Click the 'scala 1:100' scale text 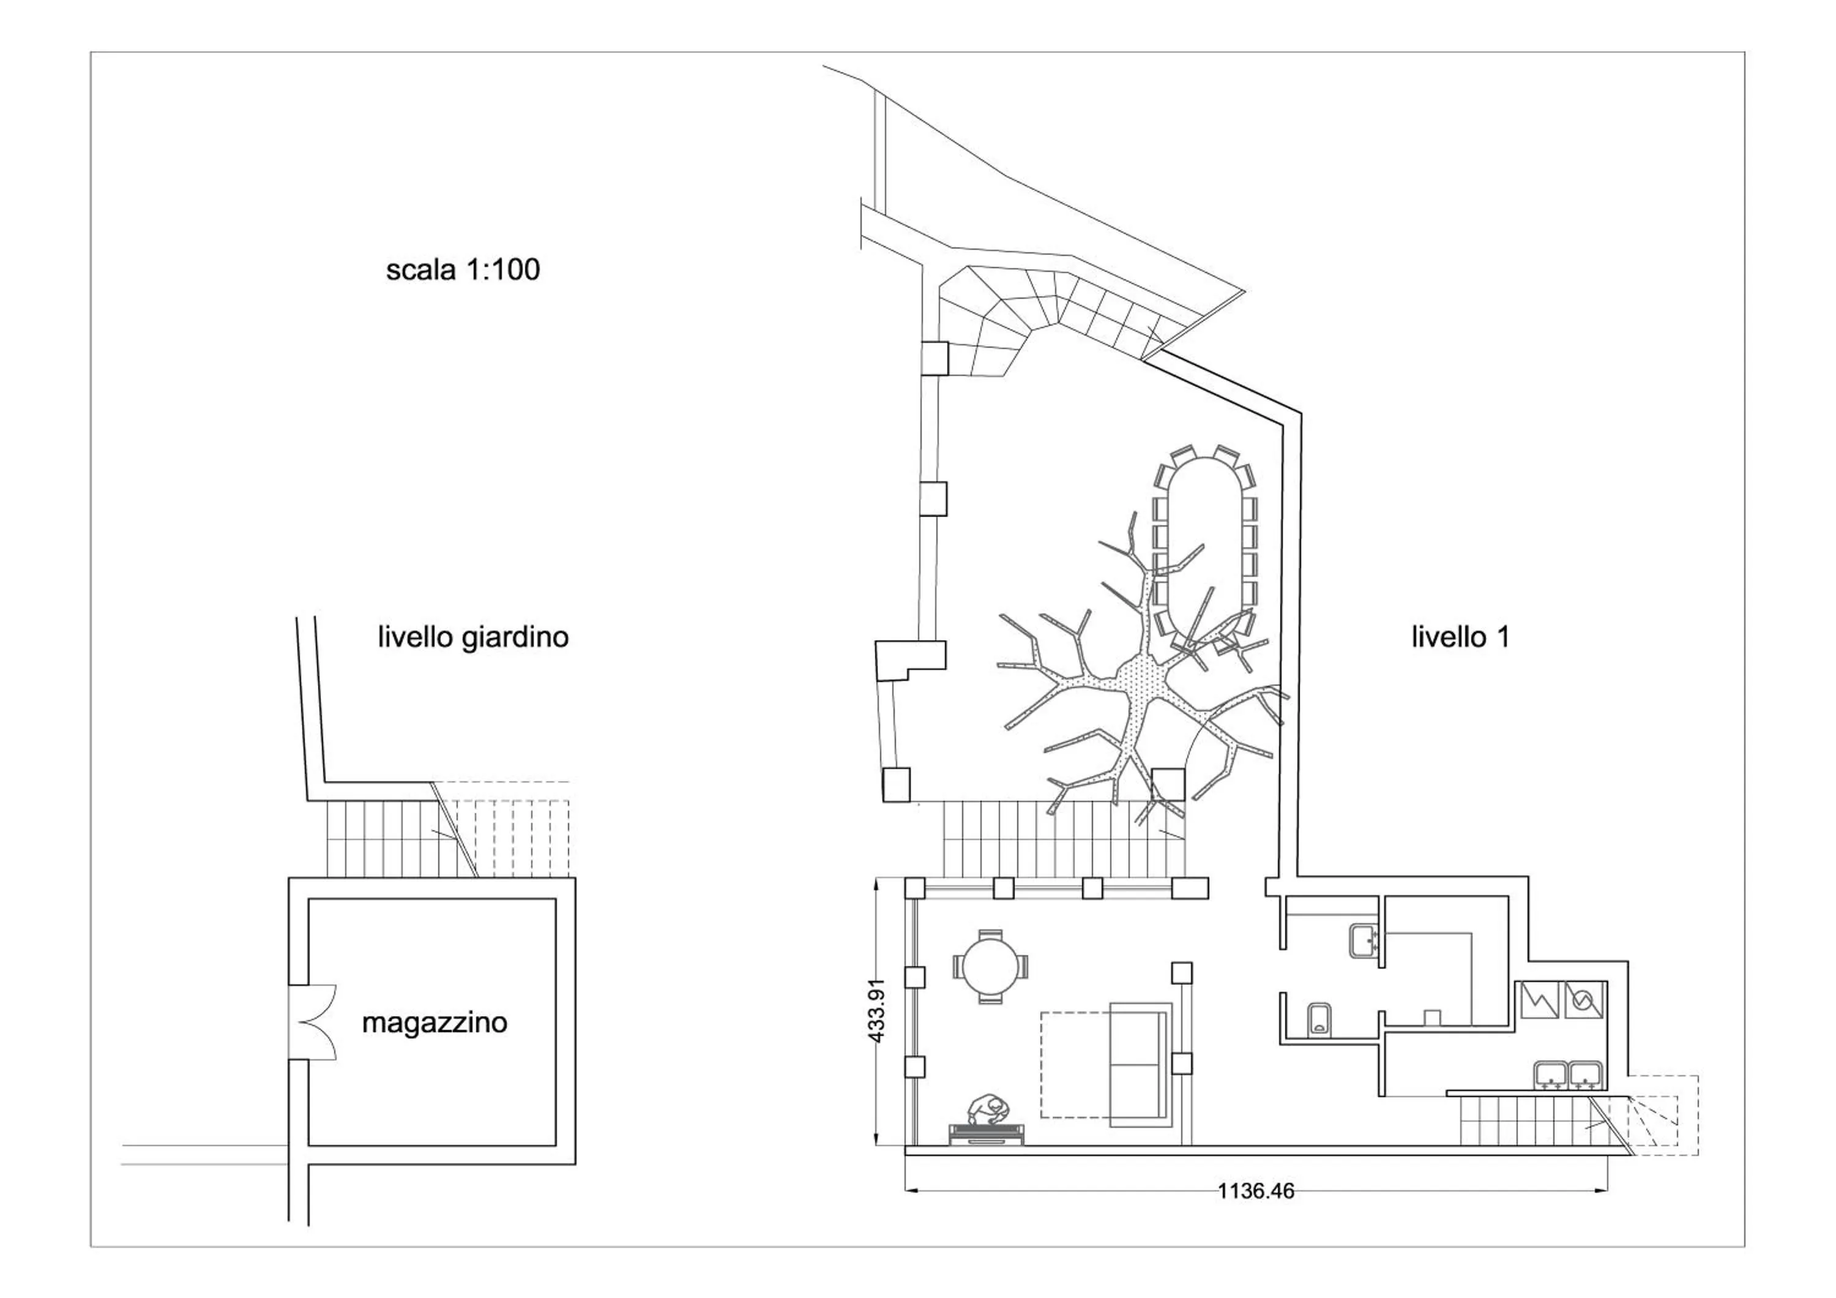[x=463, y=269]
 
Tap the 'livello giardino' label [x=472, y=637]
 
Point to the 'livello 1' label [x=1460, y=637]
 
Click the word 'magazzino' [x=434, y=1023]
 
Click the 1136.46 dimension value [x=1255, y=1214]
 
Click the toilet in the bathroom [x=1319, y=1019]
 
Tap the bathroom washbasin [x=1364, y=940]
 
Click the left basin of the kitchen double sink [x=1551, y=1076]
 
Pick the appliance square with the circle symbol [x=1584, y=1000]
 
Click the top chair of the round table [x=990, y=934]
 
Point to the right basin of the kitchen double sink [x=1586, y=1076]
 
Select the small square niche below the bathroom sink [x=1431, y=1016]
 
